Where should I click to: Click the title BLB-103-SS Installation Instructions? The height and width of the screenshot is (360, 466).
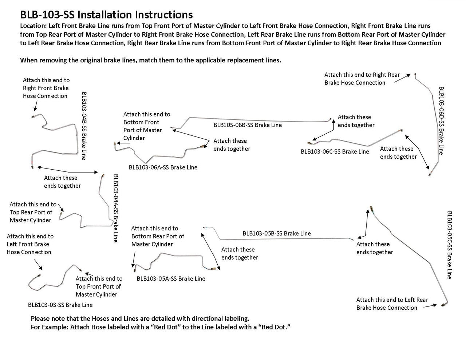click(106, 15)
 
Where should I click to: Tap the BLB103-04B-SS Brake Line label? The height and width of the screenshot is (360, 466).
click(84, 126)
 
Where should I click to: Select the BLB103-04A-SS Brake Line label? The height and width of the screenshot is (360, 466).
click(115, 208)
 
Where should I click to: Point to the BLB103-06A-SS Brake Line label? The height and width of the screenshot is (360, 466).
click(163, 167)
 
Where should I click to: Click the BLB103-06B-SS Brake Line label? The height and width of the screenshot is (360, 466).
click(248, 125)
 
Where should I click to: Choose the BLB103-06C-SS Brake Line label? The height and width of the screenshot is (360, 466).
click(335, 152)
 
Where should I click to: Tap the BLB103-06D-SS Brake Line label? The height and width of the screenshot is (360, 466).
click(441, 120)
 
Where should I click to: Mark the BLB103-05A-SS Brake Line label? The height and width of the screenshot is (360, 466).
click(171, 279)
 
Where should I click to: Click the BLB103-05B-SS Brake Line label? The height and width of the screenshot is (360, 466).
click(277, 233)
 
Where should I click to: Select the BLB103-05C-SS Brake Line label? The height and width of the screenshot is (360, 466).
click(450, 245)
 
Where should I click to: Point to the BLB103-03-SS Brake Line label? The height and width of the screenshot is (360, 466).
click(60, 305)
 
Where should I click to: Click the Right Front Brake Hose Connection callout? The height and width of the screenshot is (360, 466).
click(46, 88)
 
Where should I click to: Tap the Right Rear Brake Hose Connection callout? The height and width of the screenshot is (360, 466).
click(362, 79)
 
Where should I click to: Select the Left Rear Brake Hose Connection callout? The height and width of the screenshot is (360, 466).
click(392, 304)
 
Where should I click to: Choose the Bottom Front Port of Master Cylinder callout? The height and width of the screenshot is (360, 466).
click(146, 126)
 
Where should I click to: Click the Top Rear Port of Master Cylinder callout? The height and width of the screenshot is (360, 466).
click(33, 212)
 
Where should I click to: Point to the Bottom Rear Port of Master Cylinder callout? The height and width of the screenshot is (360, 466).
click(158, 236)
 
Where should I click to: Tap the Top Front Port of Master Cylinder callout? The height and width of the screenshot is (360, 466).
click(99, 286)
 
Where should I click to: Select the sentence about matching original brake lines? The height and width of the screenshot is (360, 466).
click(150, 60)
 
